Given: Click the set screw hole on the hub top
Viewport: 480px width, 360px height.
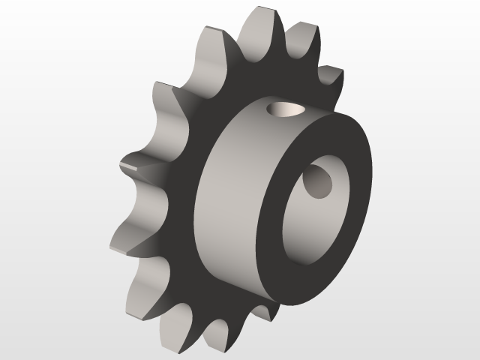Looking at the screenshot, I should point(286,110).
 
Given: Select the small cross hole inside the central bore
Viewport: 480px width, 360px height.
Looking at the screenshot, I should point(318,182).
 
